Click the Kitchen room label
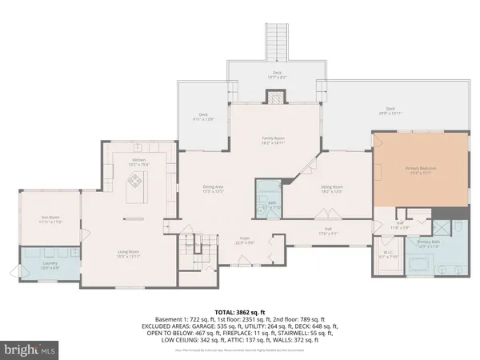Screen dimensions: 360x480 [139, 162]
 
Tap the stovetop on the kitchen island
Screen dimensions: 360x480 [136, 182]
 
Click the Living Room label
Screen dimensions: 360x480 [129, 254]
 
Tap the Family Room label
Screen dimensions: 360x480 [274, 140]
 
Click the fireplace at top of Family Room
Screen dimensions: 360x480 [275, 98]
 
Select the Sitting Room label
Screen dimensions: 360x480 [309, 190]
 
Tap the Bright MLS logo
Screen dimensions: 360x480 [30, 350]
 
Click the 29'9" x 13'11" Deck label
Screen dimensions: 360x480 [390, 110]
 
